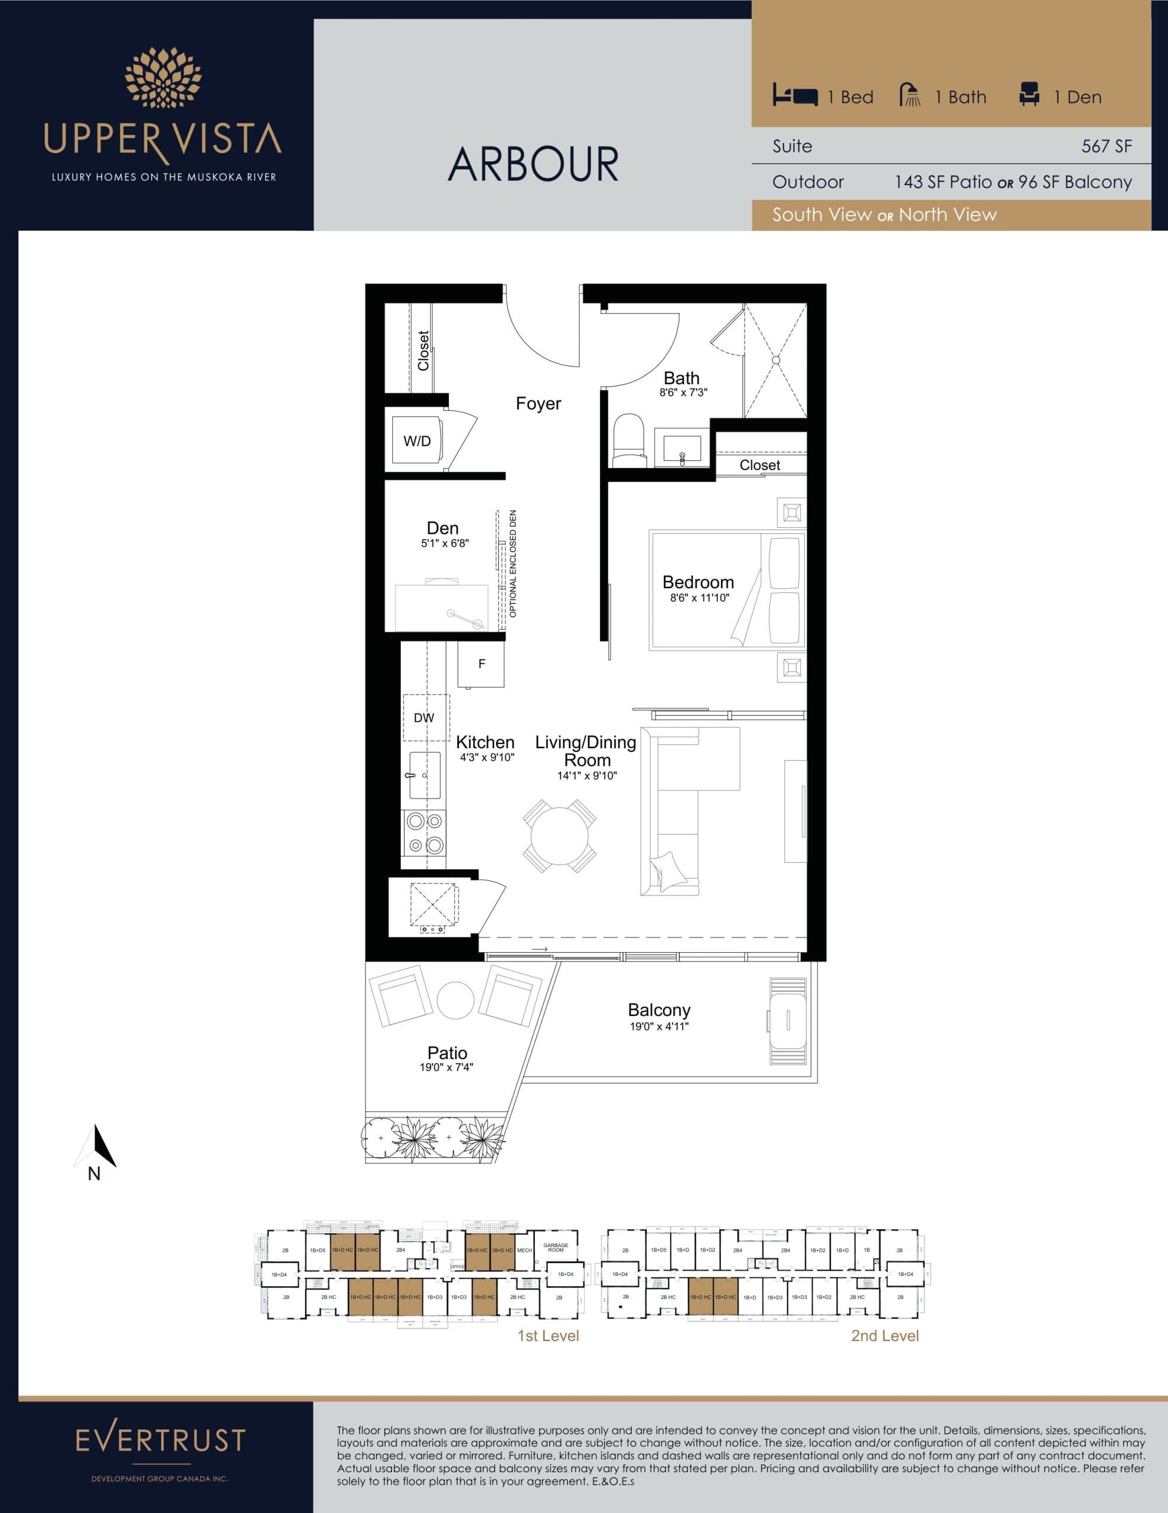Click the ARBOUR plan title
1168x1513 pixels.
(x=533, y=164)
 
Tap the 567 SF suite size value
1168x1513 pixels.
(x=1107, y=146)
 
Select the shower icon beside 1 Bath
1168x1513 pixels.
(x=910, y=95)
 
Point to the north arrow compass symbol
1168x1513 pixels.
(x=96, y=1148)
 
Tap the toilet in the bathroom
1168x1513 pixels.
(x=629, y=440)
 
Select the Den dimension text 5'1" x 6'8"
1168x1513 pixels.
(x=445, y=544)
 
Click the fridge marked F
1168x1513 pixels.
(x=481, y=664)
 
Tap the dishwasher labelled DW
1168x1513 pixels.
(x=425, y=717)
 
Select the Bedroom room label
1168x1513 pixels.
(x=698, y=582)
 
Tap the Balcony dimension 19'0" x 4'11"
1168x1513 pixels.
(x=658, y=1026)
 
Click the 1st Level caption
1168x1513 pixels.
(x=547, y=1336)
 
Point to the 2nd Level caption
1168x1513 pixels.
(x=884, y=1336)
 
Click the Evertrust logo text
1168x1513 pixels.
(x=160, y=1440)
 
